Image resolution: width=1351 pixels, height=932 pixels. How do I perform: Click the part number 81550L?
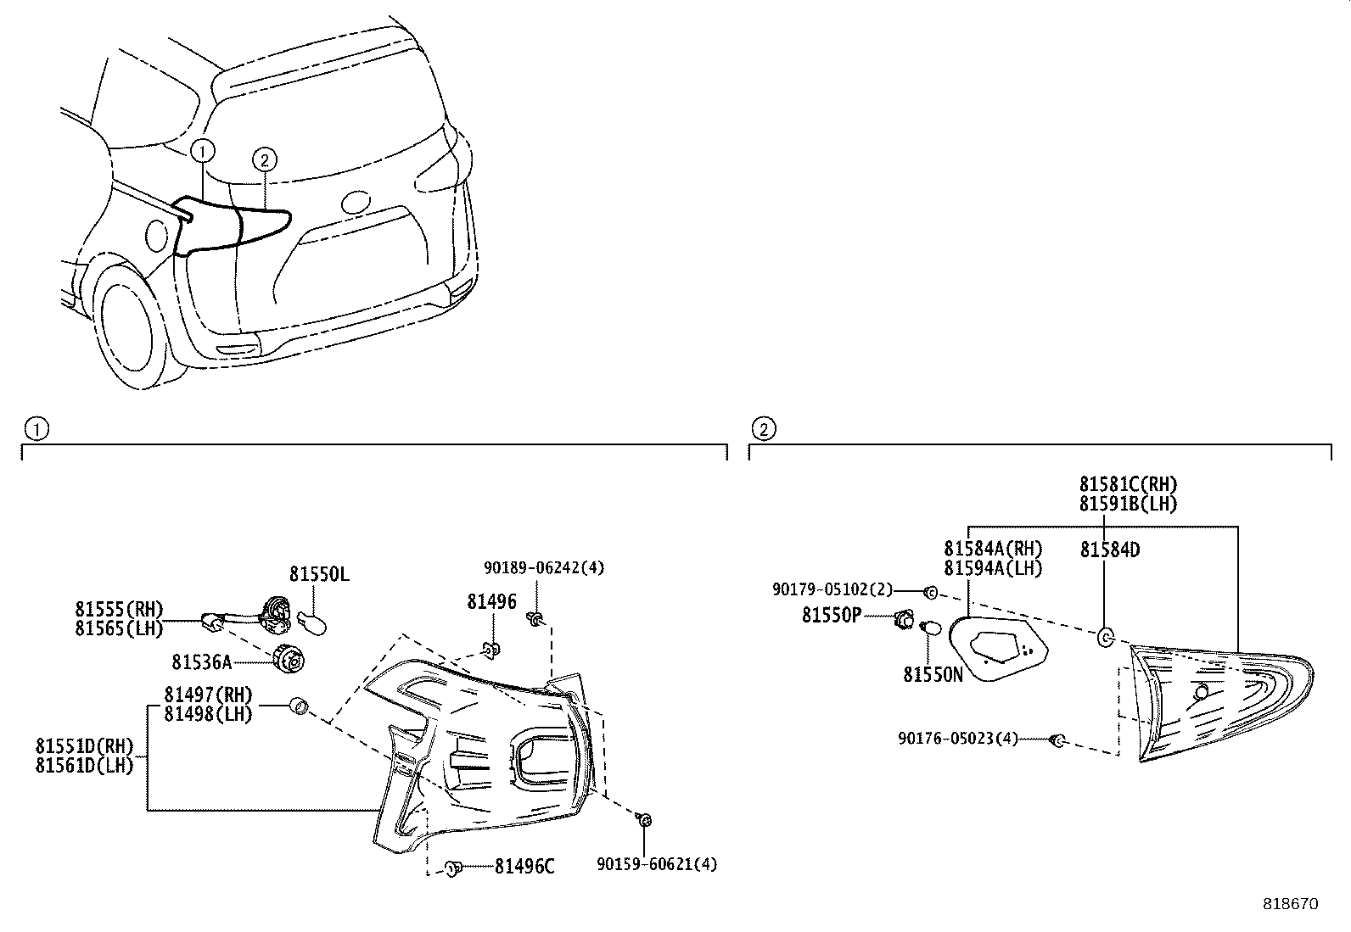[x=319, y=574]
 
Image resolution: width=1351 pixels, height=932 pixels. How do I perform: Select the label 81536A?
[x=201, y=661]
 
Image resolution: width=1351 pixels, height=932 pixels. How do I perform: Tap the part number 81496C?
[x=524, y=866]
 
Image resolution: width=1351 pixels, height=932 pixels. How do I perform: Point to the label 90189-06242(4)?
[x=544, y=567]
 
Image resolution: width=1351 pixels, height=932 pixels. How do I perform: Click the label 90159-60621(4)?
[x=657, y=864]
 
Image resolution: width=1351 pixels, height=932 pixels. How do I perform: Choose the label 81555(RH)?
[x=119, y=609]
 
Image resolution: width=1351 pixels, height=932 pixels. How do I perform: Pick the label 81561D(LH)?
[x=85, y=765]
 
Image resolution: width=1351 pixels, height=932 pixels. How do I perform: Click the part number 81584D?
[x=1109, y=550]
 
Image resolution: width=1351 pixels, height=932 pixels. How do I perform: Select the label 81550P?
[x=832, y=615]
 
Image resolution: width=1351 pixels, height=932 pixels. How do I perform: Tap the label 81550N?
[x=933, y=674]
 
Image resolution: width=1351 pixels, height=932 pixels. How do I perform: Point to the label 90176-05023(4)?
[x=957, y=739]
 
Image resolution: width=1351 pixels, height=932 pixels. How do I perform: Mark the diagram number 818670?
[x=1289, y=904]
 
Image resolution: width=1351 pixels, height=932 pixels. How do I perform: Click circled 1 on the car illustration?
[x=202, y=151]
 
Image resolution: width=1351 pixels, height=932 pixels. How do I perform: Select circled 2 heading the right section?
[x=763, y=429]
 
